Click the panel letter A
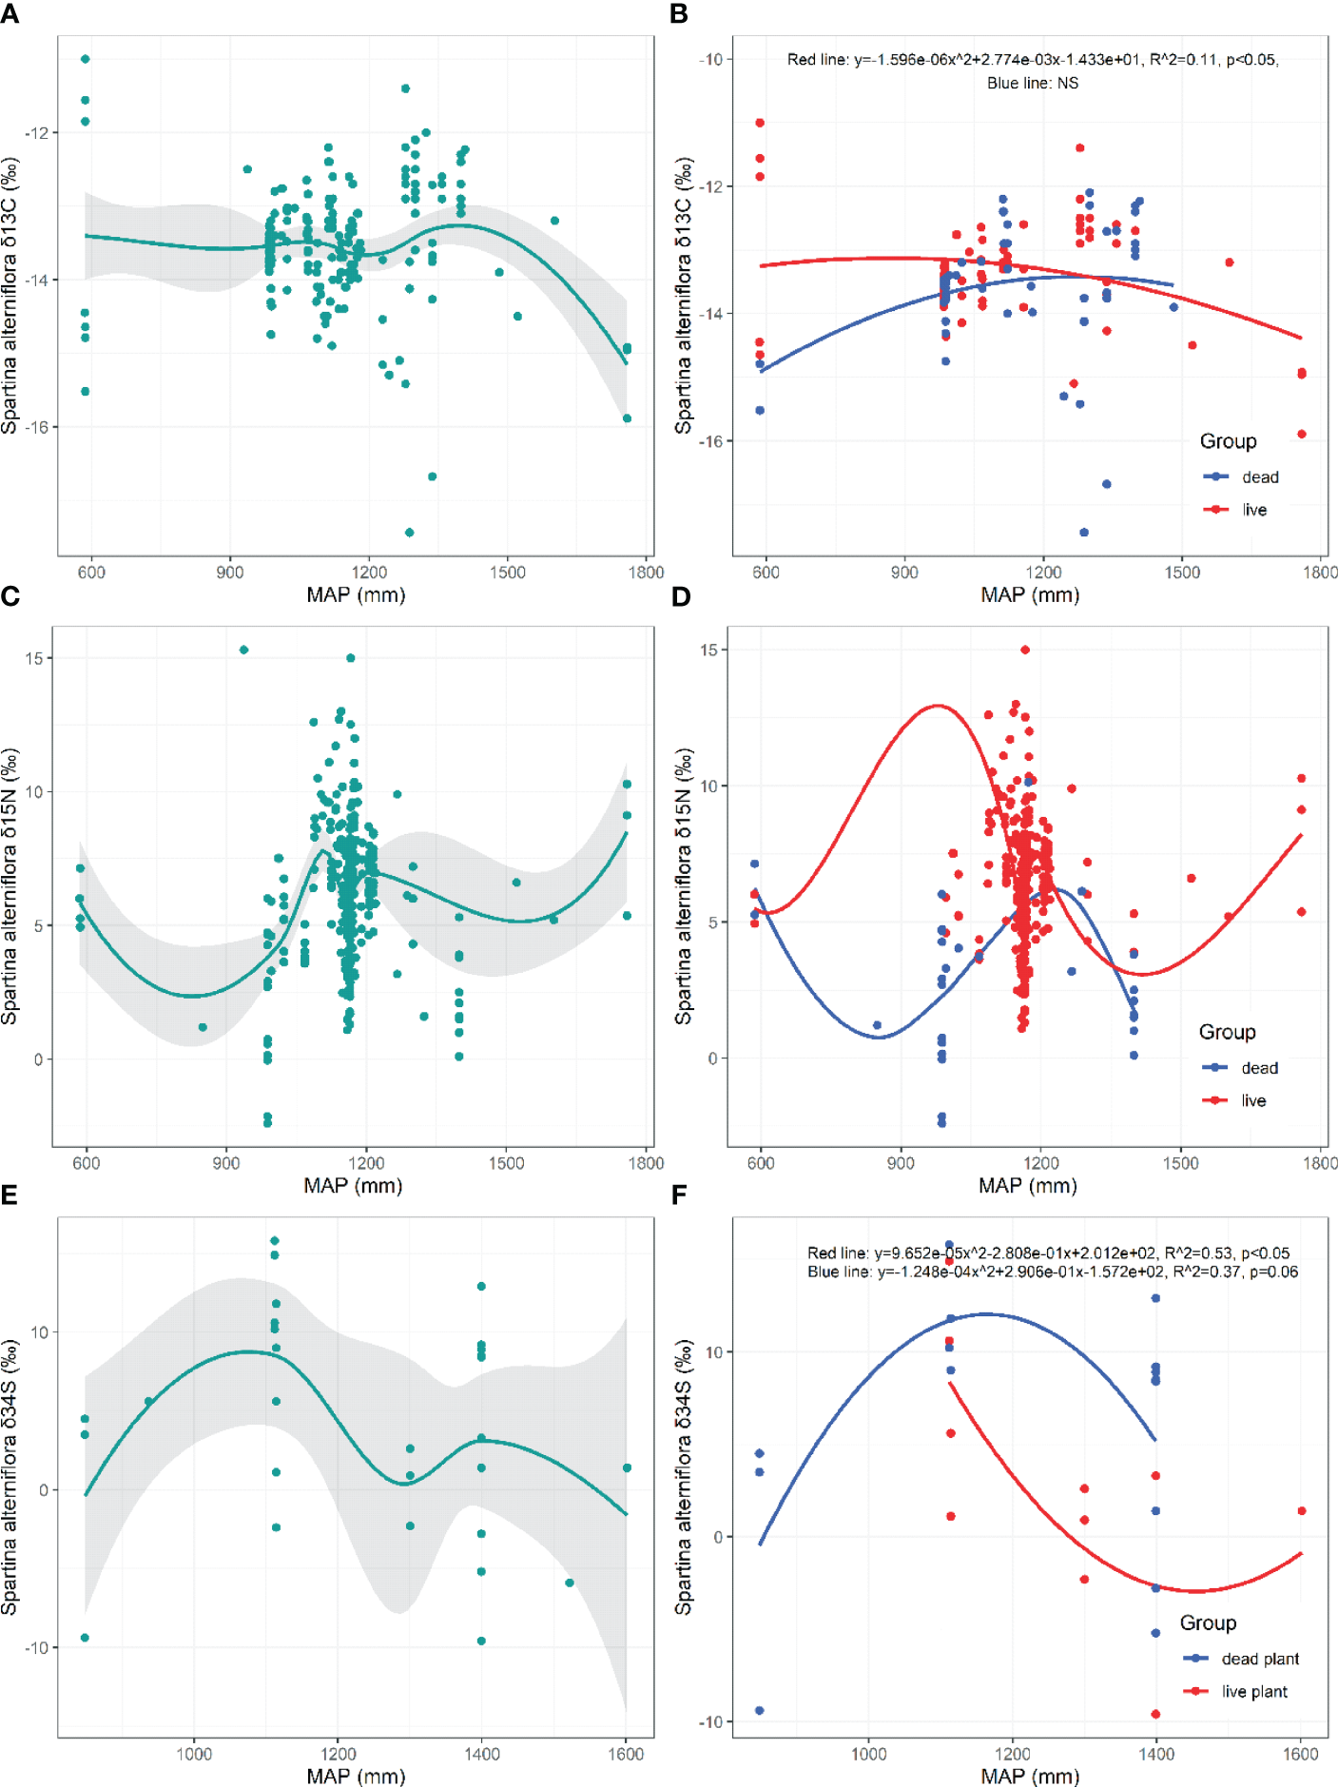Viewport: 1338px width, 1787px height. coord(10,13)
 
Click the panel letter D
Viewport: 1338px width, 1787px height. coord(681,596)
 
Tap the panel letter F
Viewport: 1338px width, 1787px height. coord(680,1195)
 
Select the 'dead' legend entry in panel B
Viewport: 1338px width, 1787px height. coord(1259,477)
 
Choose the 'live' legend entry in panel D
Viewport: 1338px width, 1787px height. coord(1252,1100)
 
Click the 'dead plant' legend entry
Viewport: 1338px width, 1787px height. coord(1259,1659)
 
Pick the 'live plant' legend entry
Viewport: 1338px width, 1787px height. coord(1253,1691)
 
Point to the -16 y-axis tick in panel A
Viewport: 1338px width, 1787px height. coord(37,427)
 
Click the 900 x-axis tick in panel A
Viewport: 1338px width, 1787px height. coord(230,573)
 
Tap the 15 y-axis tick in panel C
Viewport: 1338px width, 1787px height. coord(34,658)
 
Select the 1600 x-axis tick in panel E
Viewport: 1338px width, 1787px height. coord(626,1754)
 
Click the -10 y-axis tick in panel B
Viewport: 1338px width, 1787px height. coord(711,60)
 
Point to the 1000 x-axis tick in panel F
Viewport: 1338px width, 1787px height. coord(868,1754)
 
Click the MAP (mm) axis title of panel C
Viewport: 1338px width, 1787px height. coord(353,1186)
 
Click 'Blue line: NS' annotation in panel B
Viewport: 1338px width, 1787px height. coord(1033,84)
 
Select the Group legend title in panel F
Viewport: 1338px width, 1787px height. coord(1208,1622)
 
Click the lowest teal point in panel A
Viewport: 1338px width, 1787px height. coord(410,533)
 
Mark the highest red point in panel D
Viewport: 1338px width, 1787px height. coord(1025,651)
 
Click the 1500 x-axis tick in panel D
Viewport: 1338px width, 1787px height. coord(1181,1163)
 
